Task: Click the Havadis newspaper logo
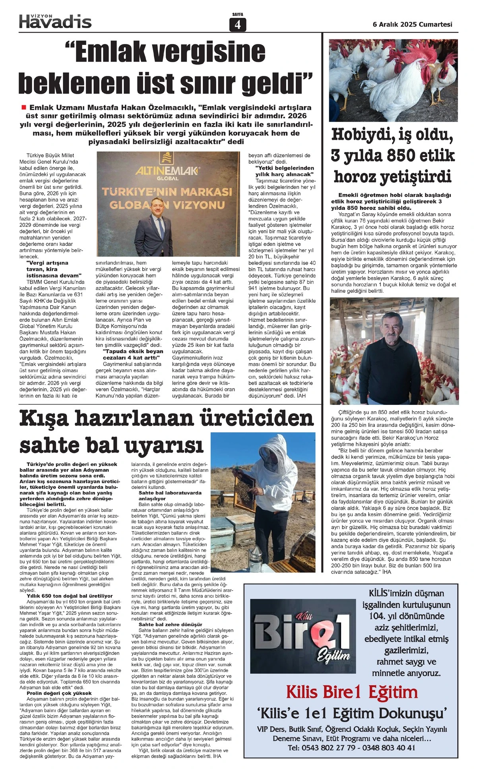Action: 55,21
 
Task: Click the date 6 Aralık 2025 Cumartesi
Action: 412,24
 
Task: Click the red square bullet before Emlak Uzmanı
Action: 23,107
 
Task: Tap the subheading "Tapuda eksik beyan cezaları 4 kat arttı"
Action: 133,354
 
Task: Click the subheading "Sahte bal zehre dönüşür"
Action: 171,624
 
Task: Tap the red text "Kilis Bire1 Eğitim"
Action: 352,693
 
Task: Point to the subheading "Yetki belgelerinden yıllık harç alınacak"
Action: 284,171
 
